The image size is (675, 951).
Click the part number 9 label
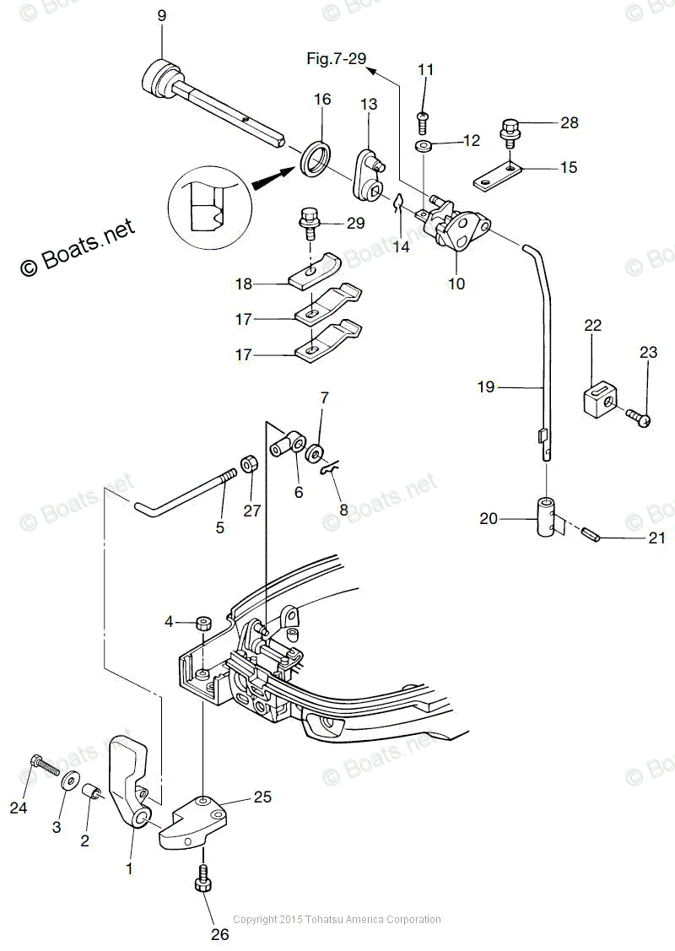pyautogui.click(x=162, y=15)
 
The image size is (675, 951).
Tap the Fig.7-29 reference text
pyautogui.click(x=336, y=58)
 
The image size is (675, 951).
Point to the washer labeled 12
pyautogui.click(x=425, y=147)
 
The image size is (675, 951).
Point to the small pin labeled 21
pyautogui.click(x=590, y=535)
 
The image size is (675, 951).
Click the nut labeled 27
pyautogui.click(x=250, y=464)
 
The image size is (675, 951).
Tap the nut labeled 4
pyautogui.click(x=202, y=624)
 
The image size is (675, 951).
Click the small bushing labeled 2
pyautogui.click(x=91, y=793)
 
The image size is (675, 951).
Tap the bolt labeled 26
pyautogui.click(x=203, y=881)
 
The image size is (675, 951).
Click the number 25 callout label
pyautogui.click(x=263, y=796)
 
